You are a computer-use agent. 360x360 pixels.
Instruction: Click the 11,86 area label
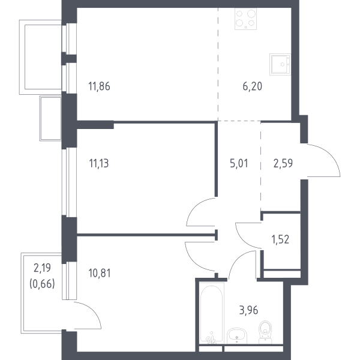click(99, 86)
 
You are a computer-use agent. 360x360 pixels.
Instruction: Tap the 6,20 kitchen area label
click(253, 86)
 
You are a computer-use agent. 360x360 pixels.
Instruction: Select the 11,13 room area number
click(99, 164)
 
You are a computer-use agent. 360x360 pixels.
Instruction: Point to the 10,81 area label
click(100, 273)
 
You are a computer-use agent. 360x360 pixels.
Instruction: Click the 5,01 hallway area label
click(239, 164)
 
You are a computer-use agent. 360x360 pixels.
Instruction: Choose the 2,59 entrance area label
click(283, 164)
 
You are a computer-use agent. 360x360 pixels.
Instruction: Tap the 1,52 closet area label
click(280, 239)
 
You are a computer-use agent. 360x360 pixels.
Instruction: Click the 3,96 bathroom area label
click(248, 310)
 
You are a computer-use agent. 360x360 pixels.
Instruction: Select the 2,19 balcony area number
click(42, 268)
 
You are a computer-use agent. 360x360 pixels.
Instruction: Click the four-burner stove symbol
click(245, 19)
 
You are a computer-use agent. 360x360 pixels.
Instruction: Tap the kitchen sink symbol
click(280, 65)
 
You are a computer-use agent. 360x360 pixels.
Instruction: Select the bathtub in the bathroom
click(211, 313)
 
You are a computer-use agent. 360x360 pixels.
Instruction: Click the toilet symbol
click(265, 332)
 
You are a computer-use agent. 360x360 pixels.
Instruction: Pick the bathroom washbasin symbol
click(237, 336)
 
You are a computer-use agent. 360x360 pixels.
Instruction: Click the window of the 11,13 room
click(69, 182)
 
